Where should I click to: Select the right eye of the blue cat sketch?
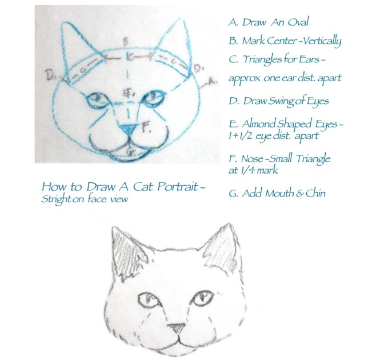(x=154, y=98)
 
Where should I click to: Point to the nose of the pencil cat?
(x=177, y=328)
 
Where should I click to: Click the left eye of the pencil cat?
(x=149, y=300)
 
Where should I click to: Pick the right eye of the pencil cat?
(x=202, y=298)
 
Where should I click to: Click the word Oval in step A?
(x=298, y=22)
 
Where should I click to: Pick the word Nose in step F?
(x=252, y=159)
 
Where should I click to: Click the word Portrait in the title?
(x=178, y=186)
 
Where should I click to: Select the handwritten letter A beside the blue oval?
(x=212, y=81)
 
